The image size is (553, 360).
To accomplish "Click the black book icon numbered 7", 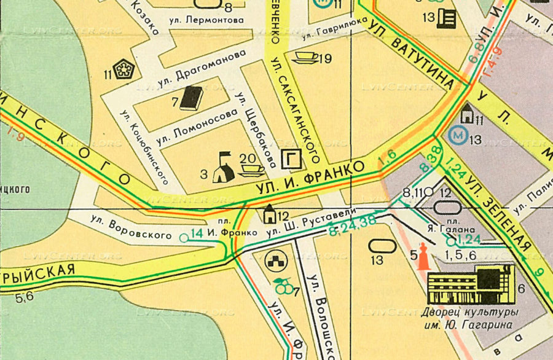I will pos(192,98).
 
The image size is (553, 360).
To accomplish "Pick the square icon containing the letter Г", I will pos(291,160).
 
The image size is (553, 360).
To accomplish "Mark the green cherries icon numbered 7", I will pos(282,286).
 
